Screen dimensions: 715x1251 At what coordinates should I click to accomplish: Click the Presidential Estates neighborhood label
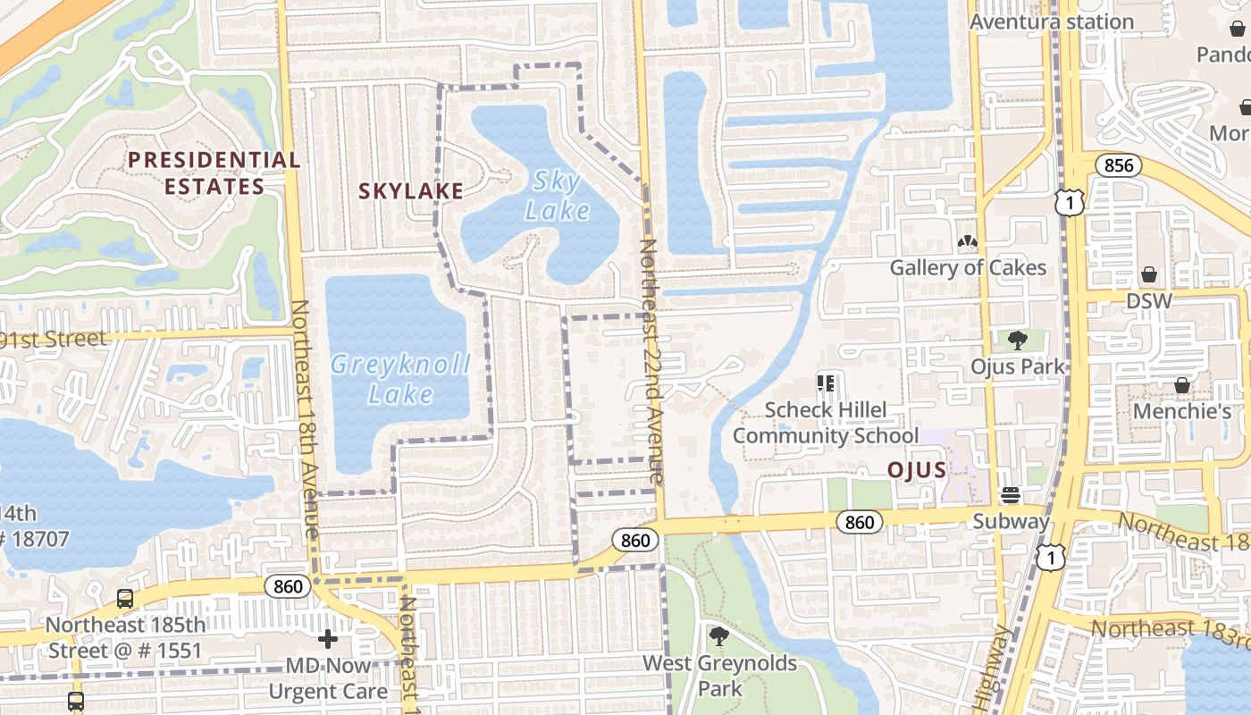coord(214,173)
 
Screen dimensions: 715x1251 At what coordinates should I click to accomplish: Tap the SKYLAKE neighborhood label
coord(411,190)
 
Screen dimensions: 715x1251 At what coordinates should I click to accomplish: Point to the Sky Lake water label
coord(558,196)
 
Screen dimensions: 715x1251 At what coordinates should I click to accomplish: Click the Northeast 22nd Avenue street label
coord(652,362)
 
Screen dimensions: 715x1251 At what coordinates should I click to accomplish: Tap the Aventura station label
coord(1052,21)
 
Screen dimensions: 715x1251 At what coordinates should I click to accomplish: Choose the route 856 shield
coord(1118,165)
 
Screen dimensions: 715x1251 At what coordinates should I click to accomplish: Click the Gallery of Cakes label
coord(968,267)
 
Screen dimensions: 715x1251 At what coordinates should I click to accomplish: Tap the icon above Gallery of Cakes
coord(967,241)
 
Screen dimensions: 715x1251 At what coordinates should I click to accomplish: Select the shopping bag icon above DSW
coord(1149,274)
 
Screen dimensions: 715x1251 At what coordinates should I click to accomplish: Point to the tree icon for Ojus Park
coord(1017,340)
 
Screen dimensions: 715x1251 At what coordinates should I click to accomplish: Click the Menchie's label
coord(1182,411)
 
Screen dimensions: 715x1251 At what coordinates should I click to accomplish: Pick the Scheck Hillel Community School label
coord(826,423)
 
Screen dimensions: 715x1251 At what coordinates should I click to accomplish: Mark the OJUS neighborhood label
coord(917,470)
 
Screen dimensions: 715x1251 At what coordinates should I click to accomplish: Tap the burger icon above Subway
coord(1011,494)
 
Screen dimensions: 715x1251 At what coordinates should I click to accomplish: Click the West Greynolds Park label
coord(720,676)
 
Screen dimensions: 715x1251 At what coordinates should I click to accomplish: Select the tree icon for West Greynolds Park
coord(718,637)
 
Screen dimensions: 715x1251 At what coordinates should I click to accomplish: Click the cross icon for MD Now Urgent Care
coord(328,639)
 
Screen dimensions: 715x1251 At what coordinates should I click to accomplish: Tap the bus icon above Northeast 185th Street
coord(125,599)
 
